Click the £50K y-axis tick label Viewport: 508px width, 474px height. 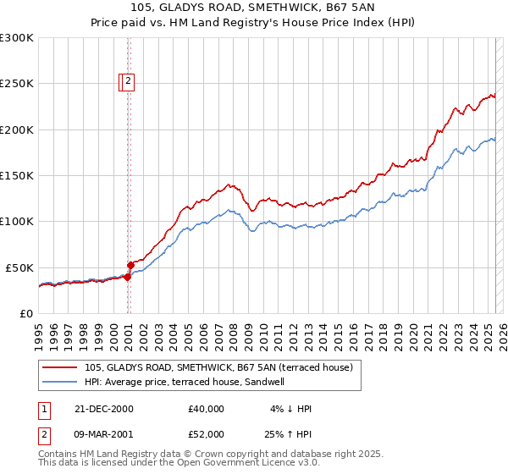pos(19,267)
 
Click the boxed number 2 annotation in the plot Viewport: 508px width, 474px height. pos(128,82)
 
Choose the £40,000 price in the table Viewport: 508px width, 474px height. pos(207,409)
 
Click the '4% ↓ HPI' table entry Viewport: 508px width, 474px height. pos(290,409)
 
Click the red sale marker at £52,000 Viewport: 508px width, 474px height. pos(130,265)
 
